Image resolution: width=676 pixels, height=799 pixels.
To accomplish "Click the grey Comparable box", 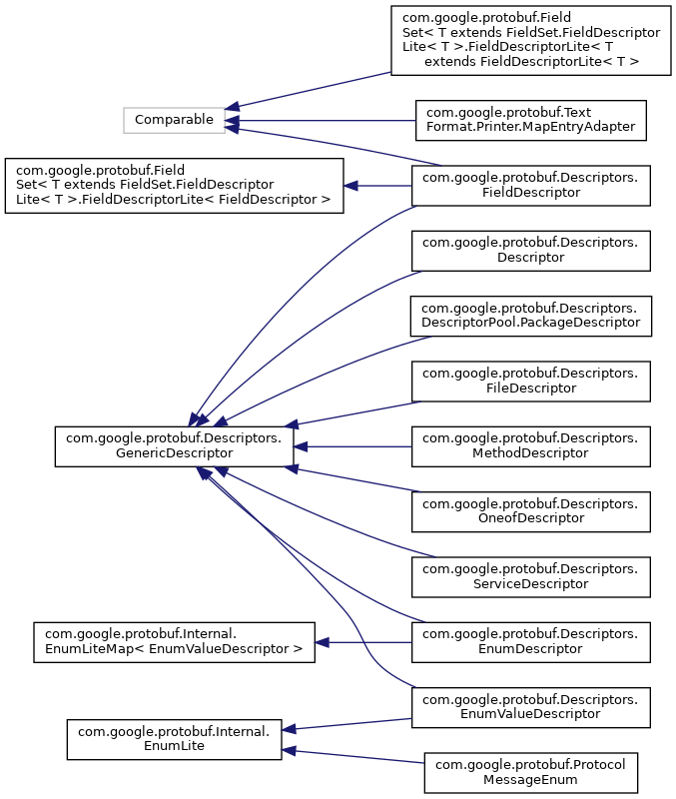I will pos(175,120).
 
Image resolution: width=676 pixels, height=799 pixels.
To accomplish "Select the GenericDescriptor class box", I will pos(174,445).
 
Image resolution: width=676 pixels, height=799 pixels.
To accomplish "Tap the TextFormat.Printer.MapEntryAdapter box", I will pos(531,120).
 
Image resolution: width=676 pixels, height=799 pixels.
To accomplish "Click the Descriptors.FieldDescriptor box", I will pos(531,185).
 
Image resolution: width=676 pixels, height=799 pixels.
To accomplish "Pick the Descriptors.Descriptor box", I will pos(531,250).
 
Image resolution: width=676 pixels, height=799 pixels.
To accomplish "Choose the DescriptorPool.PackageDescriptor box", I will pos(531,315).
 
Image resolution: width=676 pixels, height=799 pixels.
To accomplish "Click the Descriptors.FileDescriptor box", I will pos(531,380).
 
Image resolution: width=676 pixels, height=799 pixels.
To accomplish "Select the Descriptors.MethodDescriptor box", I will pos(531,445).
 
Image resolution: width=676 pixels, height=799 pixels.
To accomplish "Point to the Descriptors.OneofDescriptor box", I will pos(531,510).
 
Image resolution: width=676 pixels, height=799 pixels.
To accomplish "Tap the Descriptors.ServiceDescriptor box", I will pos(531,576).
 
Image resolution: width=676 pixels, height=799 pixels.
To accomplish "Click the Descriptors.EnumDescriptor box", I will pos(531,641).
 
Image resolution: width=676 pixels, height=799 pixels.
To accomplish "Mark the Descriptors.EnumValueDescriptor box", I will pos(531,706).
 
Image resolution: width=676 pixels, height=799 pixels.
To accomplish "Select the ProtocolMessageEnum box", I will pos(531,772).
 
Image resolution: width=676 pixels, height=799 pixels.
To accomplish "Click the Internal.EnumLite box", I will pos(174,739).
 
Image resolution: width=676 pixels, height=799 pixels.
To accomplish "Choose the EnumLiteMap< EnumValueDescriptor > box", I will pos(174,641).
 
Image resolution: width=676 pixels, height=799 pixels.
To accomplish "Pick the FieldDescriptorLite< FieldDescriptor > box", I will pos(174,185).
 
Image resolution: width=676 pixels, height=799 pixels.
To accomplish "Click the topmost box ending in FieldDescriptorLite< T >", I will pos(531,40).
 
